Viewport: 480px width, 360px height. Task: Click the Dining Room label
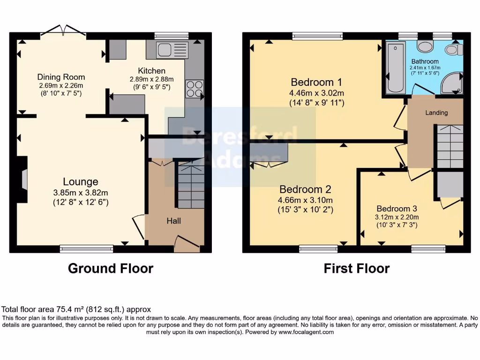[61, 77]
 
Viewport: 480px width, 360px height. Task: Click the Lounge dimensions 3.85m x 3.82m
[81, 193]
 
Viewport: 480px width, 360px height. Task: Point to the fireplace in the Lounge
[24, 180]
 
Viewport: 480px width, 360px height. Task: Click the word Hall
[173, 221]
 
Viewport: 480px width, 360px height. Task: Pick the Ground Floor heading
[111, 269]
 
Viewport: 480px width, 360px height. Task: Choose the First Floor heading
[356, 269]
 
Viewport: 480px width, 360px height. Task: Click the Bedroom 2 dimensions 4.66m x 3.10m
[305, 200]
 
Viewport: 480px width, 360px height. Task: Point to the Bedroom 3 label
[397, 209]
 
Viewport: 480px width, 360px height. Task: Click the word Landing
[436, 112]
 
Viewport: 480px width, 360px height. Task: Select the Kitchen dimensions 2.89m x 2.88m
[151, 79]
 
